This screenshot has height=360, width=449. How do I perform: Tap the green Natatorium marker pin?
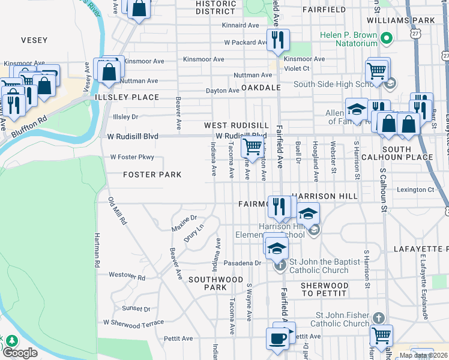(x=387, y=40)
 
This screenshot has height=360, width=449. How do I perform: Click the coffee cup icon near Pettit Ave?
(x=277, y=338)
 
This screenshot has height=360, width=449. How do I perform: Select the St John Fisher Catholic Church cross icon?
(x=378, y=317)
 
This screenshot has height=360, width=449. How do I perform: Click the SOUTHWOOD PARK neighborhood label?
(x=206, y=283)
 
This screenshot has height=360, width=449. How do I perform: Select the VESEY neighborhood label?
(x=34, y=40)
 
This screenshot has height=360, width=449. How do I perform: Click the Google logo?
(x=20, y=352)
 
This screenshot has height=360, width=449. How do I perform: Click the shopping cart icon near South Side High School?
(x=377, y=70)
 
